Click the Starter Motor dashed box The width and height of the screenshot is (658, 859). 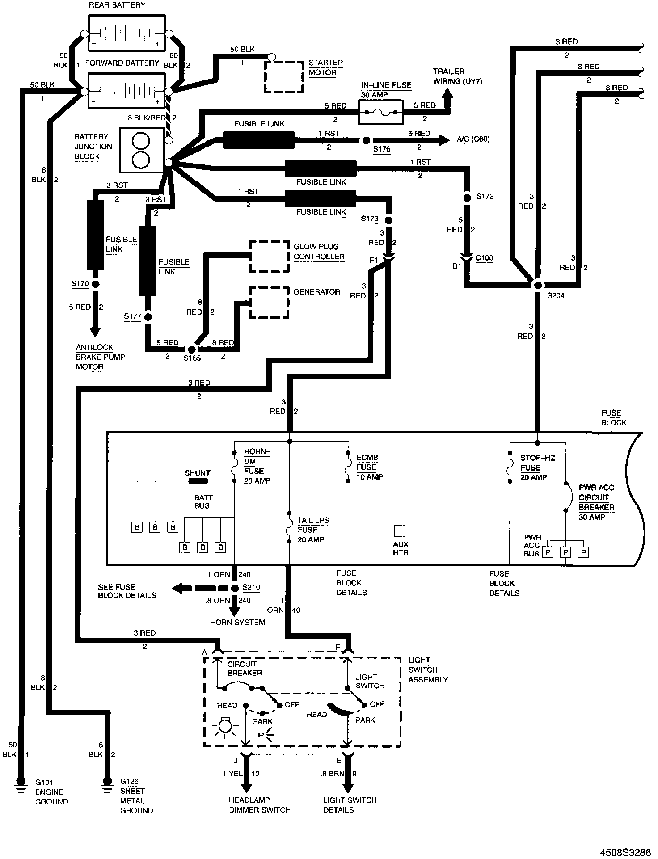point(284,76)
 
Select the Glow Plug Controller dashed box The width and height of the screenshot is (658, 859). point(269,257)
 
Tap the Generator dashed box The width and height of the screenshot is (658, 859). point(269,302)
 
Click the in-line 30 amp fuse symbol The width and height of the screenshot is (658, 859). point(380,112)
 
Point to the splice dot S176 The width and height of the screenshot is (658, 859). point(366,140)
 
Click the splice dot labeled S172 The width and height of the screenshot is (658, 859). point(467,197)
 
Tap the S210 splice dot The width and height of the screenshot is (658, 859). point(235,588)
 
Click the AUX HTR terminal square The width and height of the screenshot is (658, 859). point(399,531)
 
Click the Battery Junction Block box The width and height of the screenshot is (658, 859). point(141,151)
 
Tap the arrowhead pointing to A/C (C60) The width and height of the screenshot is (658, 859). point(443,140)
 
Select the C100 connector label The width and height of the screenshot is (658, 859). point(484,258)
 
